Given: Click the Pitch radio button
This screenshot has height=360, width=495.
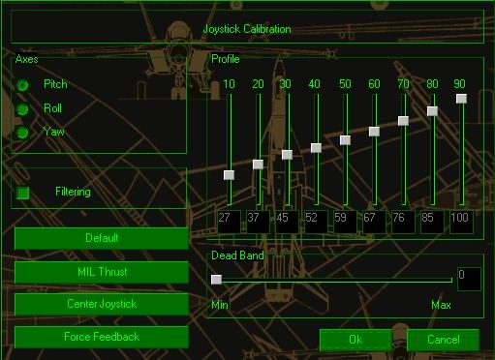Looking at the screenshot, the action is point(22,85).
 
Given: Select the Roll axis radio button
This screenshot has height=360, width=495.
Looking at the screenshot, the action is point(22,109).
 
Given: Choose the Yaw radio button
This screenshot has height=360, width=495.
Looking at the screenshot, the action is point(22,133).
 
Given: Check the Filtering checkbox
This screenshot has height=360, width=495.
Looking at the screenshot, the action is point(23,193).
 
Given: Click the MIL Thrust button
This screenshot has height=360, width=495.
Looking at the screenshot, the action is point(102,272).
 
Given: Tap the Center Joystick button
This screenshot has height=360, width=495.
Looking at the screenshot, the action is point(102,304).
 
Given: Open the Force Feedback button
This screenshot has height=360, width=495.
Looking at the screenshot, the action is point(102,337).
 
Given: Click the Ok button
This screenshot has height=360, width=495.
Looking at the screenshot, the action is point(356,340).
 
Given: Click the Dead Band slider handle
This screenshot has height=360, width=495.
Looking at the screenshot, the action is point(216,280).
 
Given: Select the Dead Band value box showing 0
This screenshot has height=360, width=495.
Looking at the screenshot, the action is point(469,279).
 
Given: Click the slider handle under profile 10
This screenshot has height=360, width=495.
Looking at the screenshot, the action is point(229,175).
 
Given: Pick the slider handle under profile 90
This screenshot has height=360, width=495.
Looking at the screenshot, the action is point(461,99).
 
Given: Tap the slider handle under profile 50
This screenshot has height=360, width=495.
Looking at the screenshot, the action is point(345,140).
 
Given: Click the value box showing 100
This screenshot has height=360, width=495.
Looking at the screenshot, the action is point(461,222).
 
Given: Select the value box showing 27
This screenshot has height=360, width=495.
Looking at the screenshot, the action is point(229,222).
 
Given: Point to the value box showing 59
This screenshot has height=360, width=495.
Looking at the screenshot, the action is point(345,222).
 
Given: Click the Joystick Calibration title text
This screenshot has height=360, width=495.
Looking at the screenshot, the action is point(247,29).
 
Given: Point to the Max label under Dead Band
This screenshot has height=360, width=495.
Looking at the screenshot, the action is point(441,305).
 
